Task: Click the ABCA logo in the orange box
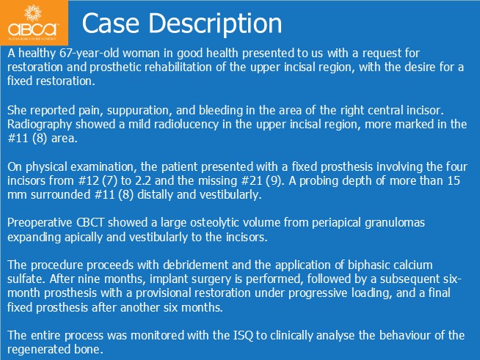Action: (33, 23)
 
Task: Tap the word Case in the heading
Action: (111, 23)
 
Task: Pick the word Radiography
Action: (40, 125)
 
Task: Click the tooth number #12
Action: (89, 181)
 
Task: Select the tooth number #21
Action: (252, 181)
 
